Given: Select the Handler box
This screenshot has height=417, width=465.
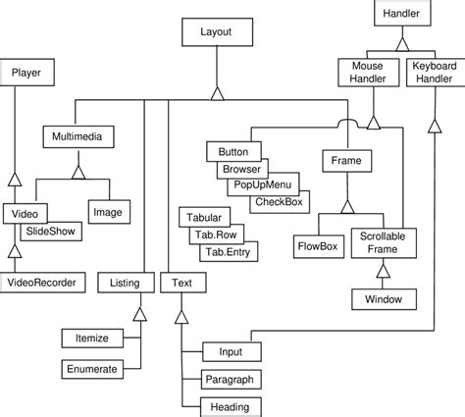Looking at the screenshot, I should pyautogui.click(x=400, y=14).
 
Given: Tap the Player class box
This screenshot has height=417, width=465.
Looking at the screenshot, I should pyautogui.click(x=26, y=74).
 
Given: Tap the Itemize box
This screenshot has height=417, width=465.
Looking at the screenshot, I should pyautogui.click(x=91, y=339).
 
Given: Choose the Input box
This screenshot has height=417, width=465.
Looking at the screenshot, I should pyautogui.click(x=232, y=350).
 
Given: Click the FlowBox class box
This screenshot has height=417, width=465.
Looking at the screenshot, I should pyautogui.click(x=317, y=245).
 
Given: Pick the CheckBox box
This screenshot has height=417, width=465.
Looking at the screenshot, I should pyautogui.click(x=279, y=201).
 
